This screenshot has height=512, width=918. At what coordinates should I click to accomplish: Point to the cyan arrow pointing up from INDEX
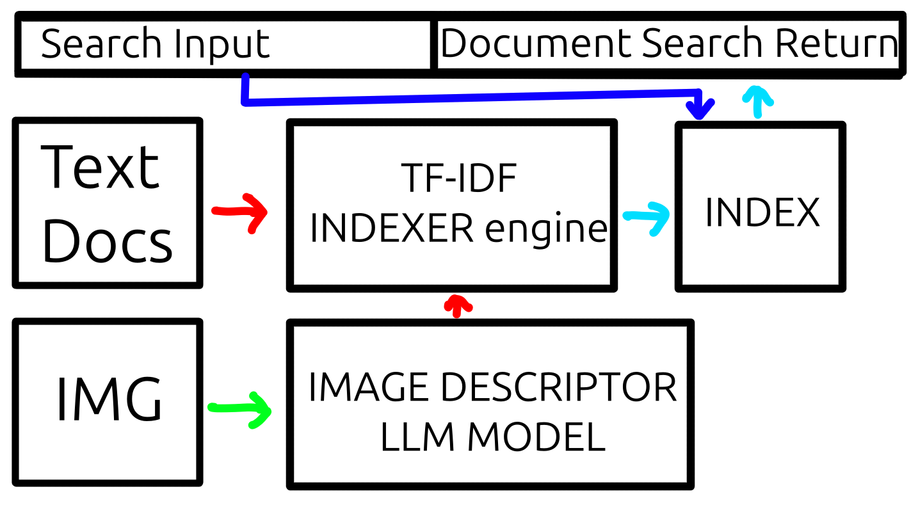(757, 101)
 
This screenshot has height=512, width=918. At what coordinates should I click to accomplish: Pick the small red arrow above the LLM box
(456, 305)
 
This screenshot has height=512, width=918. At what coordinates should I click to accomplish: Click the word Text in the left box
(101, 167)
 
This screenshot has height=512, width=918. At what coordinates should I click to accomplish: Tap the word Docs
(107, 243)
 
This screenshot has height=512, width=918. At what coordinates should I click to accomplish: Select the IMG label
(109, 400)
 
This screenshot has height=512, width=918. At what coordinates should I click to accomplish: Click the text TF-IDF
(459, 180)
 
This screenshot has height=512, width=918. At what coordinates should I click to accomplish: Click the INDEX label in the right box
(762, 212)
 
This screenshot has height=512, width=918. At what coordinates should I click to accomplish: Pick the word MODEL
(536, 438)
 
